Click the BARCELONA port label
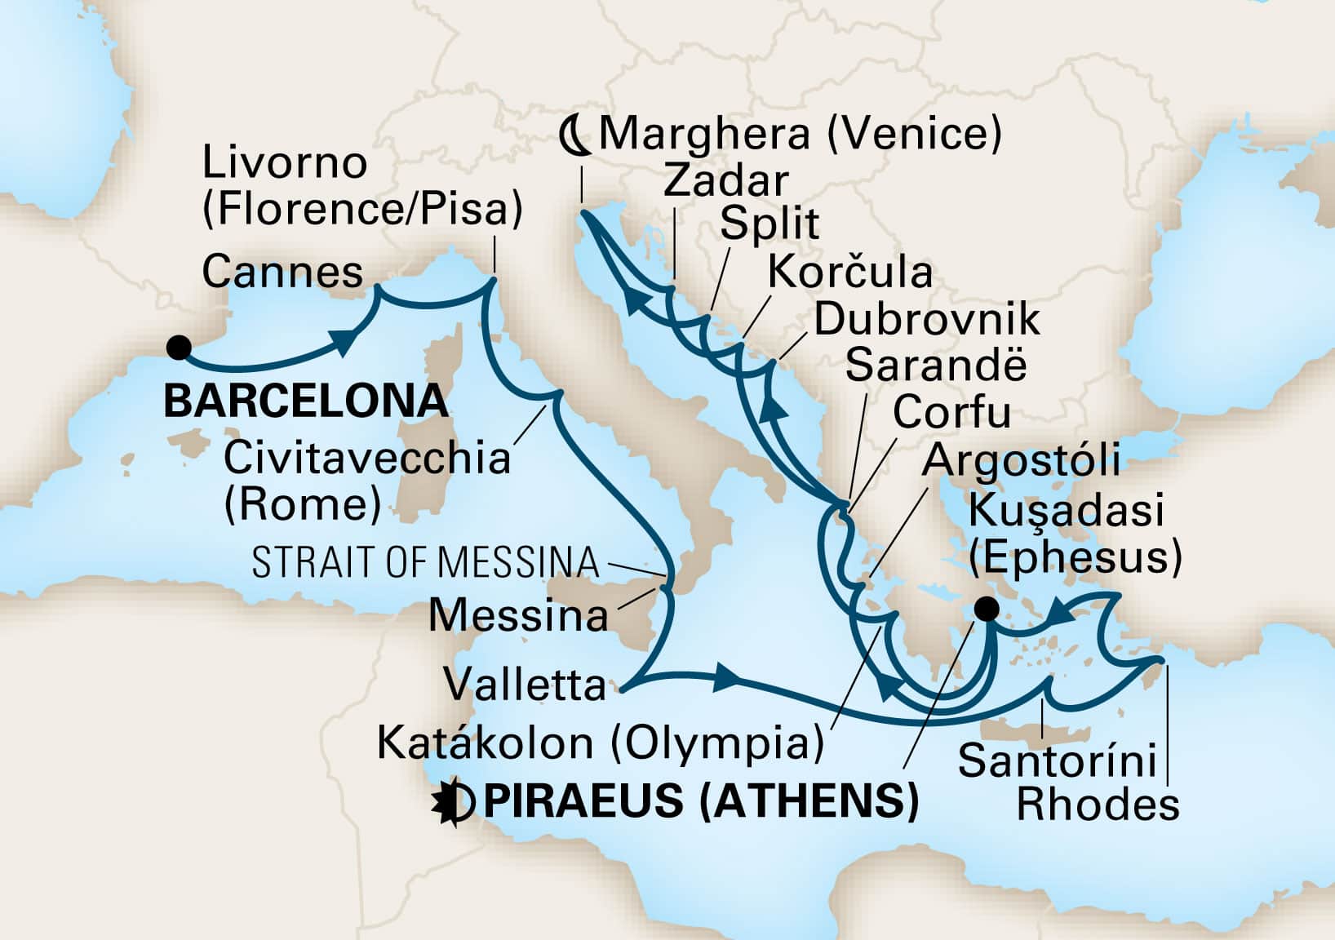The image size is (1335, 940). click(x=307, y=401)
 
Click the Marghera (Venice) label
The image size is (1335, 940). click(x=800, y=134)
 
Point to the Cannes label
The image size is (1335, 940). click(x=282, y=273)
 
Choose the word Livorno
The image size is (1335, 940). click(x=284, y=163)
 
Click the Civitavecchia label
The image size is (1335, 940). click(x=367, y=459)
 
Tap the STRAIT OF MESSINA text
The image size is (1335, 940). click(x=425, y=563)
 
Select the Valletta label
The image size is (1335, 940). click(x=525, y=685)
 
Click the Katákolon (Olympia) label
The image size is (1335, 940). click(x=599, y=743)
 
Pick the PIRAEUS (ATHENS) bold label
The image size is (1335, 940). click(x=701, y=800)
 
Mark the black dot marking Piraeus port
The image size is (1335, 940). click(x=987, y=609)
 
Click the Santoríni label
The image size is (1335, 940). click(x=1058, y=761)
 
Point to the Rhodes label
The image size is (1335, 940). click(x=1098, y=805)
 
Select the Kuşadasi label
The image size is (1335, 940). click(x=1066, y=512)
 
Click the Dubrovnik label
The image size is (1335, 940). click(x=927, y=320)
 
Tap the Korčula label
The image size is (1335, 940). click(x=850, y=273)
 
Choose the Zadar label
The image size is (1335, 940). click(x=725, y=181)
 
